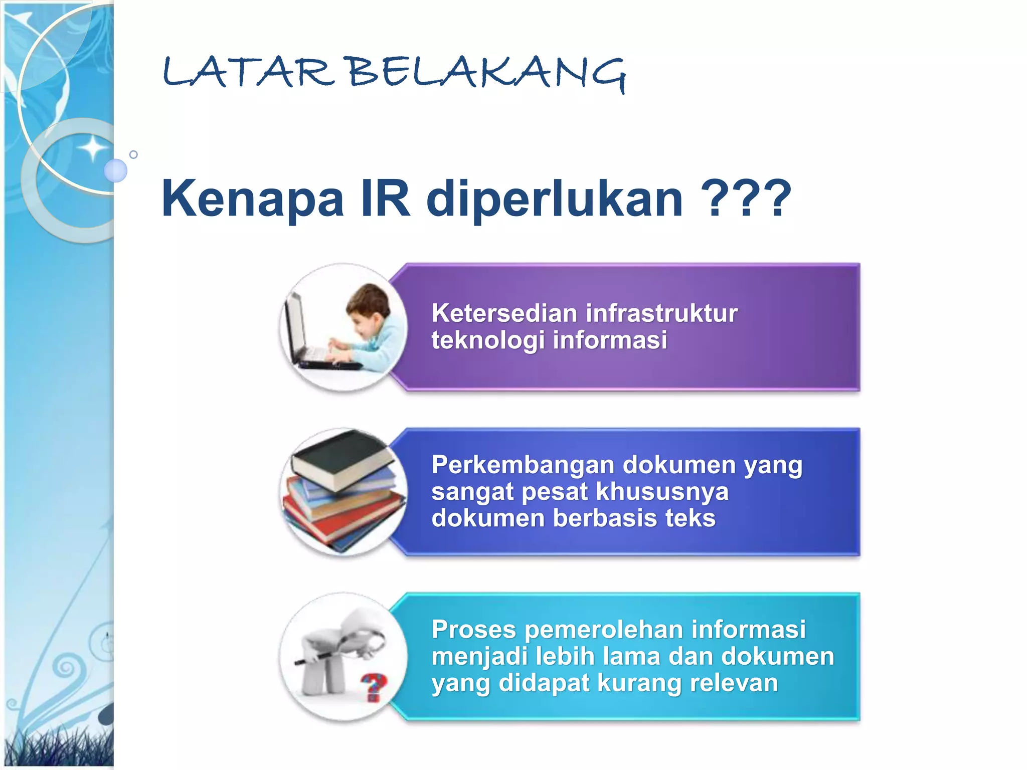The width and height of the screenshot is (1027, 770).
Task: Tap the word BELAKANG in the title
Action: (x=487, y=74)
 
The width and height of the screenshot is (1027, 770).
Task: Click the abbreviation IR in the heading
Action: (x=385, y=199)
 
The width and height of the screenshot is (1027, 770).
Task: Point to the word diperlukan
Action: (x=554, y=200)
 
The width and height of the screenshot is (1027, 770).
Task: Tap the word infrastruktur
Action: (x=661, y=313)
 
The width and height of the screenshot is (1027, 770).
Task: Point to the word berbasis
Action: (x=605, y=518)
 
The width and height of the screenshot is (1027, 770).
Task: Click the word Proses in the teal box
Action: (x=473, y=630)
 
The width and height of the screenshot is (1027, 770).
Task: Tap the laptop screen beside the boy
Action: (x=295, y=326)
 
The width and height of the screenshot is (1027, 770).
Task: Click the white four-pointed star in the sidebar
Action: (x=92, y=148)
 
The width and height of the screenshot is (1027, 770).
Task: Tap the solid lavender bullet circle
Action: (x=116, y=170)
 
